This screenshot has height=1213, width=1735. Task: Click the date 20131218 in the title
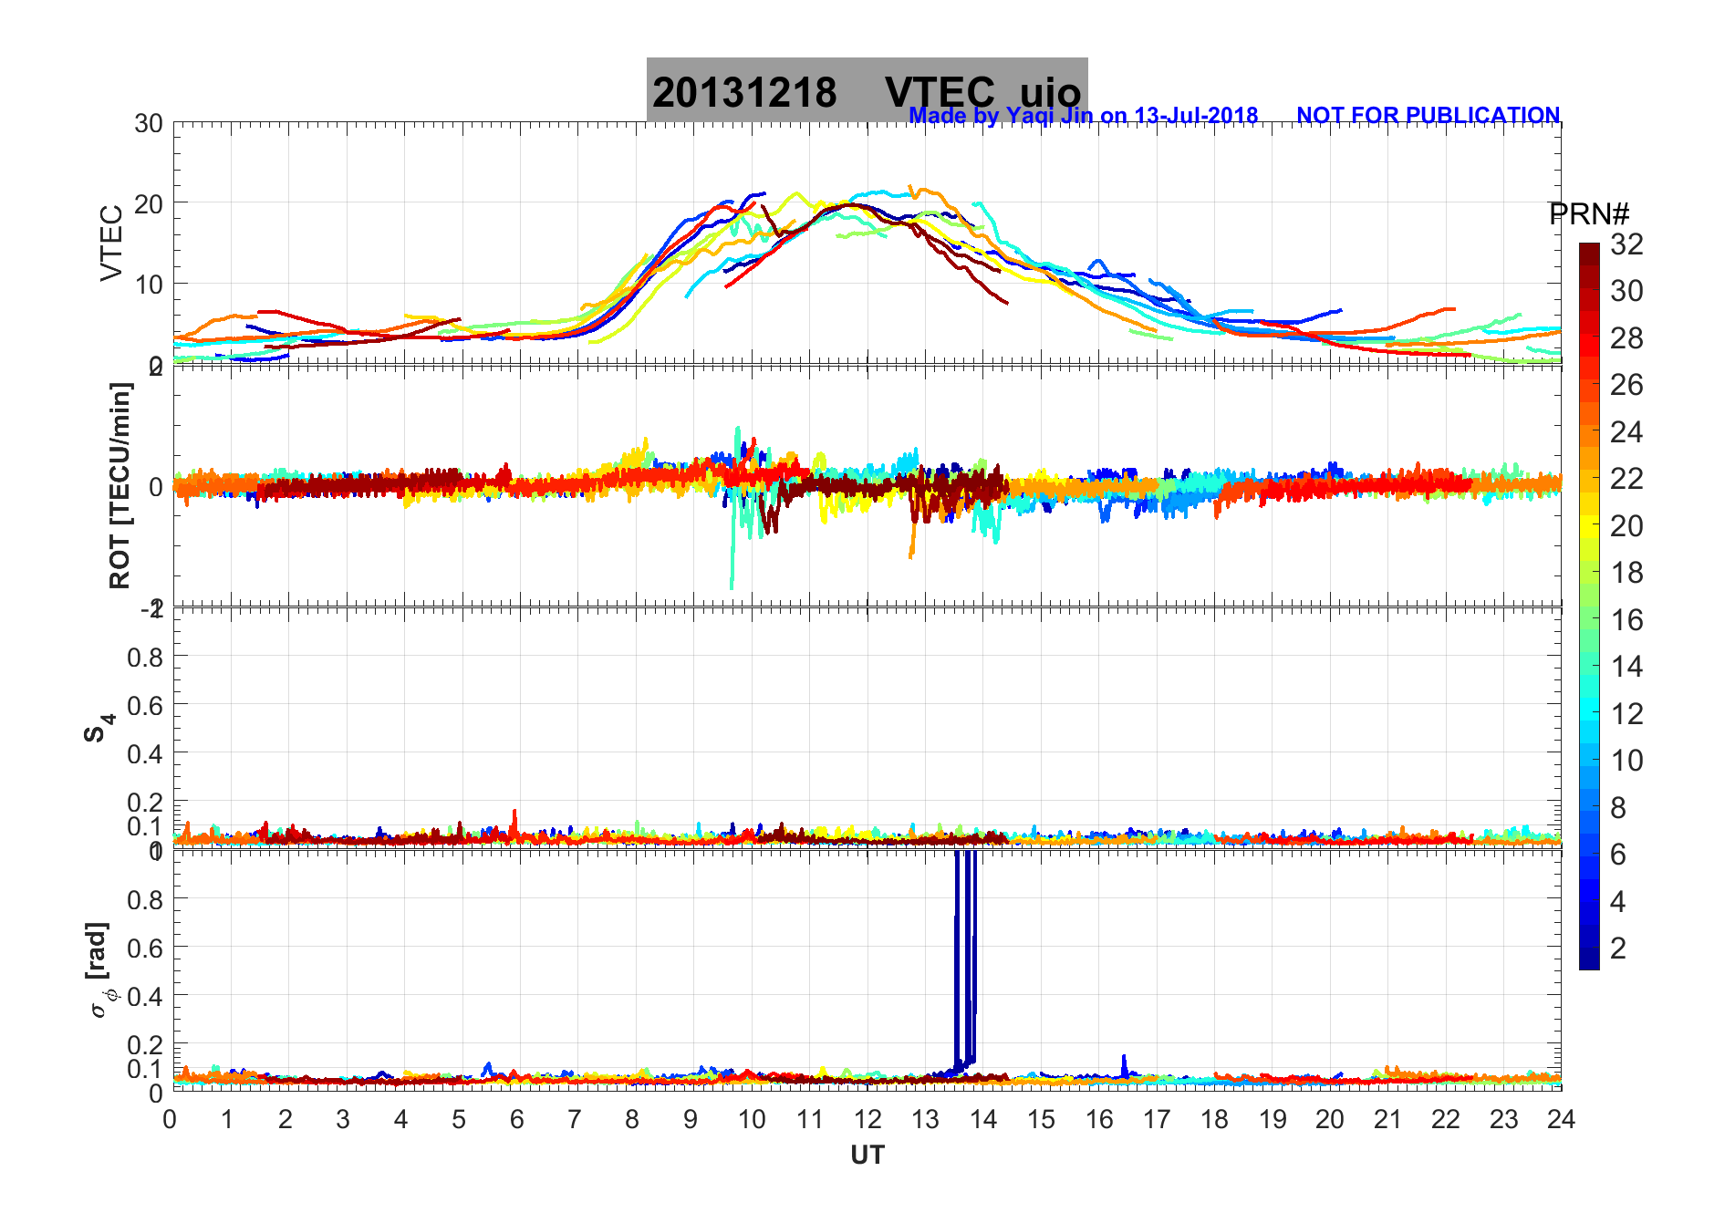pos(744,92)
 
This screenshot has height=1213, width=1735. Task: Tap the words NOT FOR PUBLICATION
pos(1428,116)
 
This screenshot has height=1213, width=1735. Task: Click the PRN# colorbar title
pos(1588,214)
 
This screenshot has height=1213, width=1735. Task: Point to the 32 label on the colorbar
pos(1626,244)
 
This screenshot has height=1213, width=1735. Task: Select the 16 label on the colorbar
pos(1626,620)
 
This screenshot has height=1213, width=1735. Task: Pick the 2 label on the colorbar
pos(1618,949)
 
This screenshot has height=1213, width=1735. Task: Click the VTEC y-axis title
pos(111,243)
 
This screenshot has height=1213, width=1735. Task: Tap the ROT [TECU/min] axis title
pos(119,485)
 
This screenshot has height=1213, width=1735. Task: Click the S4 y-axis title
pos(99,728)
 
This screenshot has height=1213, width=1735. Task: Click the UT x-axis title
pos(867,1156)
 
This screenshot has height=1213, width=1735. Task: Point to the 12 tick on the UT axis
pos(867,1119)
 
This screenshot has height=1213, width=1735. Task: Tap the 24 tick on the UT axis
pos(1561,1119)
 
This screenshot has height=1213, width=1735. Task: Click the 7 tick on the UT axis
pos(575,1119)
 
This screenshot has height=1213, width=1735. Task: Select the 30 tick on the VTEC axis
pos(149,124)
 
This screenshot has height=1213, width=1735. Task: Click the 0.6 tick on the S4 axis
pos(145,705)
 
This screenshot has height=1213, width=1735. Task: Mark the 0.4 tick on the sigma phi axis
pos(145,996)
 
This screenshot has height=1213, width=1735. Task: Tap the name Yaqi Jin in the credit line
pos(1048,116)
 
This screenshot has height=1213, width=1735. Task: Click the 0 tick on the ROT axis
pos(156,486)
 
